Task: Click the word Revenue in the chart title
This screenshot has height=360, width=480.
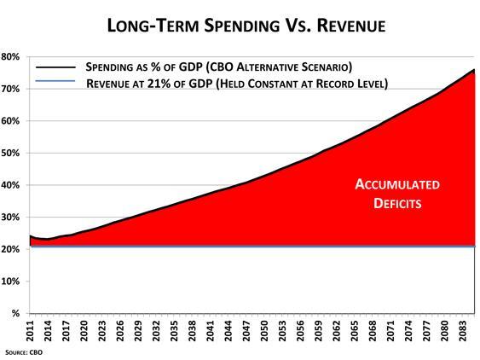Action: click(344, 26)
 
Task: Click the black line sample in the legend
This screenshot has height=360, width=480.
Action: click(53, 67)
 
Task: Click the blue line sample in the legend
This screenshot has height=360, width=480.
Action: click(53, 83)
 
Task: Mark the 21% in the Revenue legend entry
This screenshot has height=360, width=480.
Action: click(161, 83)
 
